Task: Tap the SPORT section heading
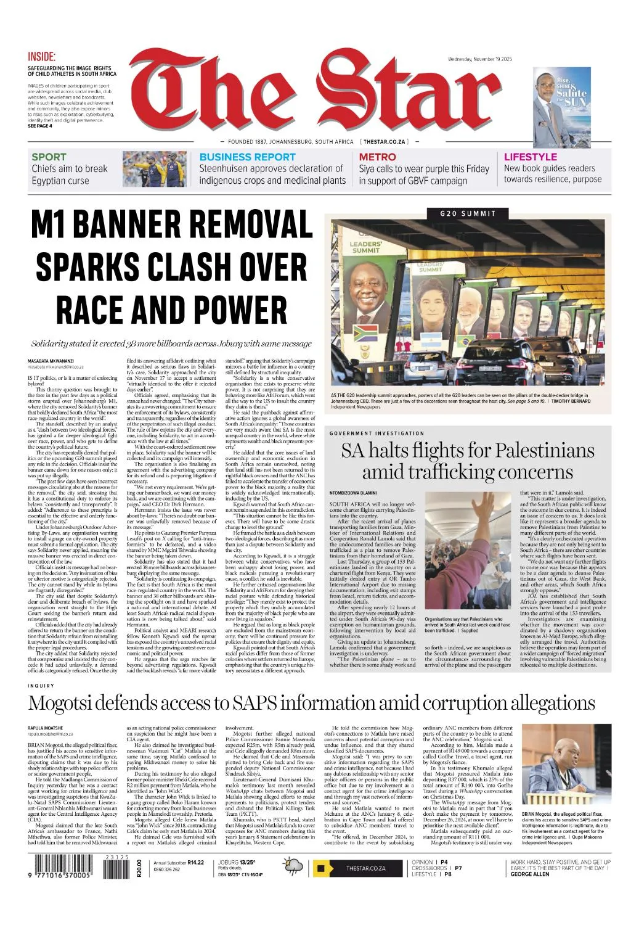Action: pos(49,157)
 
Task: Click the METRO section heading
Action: pos(377,157)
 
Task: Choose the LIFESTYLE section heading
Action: pos(530,157)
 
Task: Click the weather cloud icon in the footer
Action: pos(293,868)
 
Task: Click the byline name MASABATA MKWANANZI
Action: pos(51,360)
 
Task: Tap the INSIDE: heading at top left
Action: pos(41,56)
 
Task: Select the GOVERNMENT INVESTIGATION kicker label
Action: pos(376,434)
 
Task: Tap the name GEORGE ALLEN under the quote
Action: pos(529,874)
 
